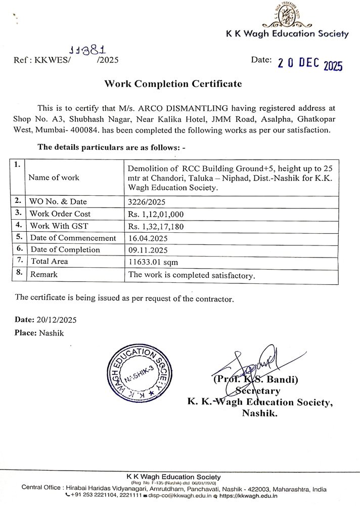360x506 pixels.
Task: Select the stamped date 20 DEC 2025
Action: [310, 64]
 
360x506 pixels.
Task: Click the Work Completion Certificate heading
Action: [173, 84]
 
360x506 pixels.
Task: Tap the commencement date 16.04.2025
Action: [149, 238]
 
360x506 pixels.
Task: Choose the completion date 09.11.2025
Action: [149, 249]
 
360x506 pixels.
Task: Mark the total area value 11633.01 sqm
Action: [154, 262]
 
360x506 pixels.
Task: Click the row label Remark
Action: [44, 274]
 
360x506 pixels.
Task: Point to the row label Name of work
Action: [54, 178]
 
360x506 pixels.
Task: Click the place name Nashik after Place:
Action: [51, 333]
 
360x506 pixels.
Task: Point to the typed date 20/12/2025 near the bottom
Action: [57, 320]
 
